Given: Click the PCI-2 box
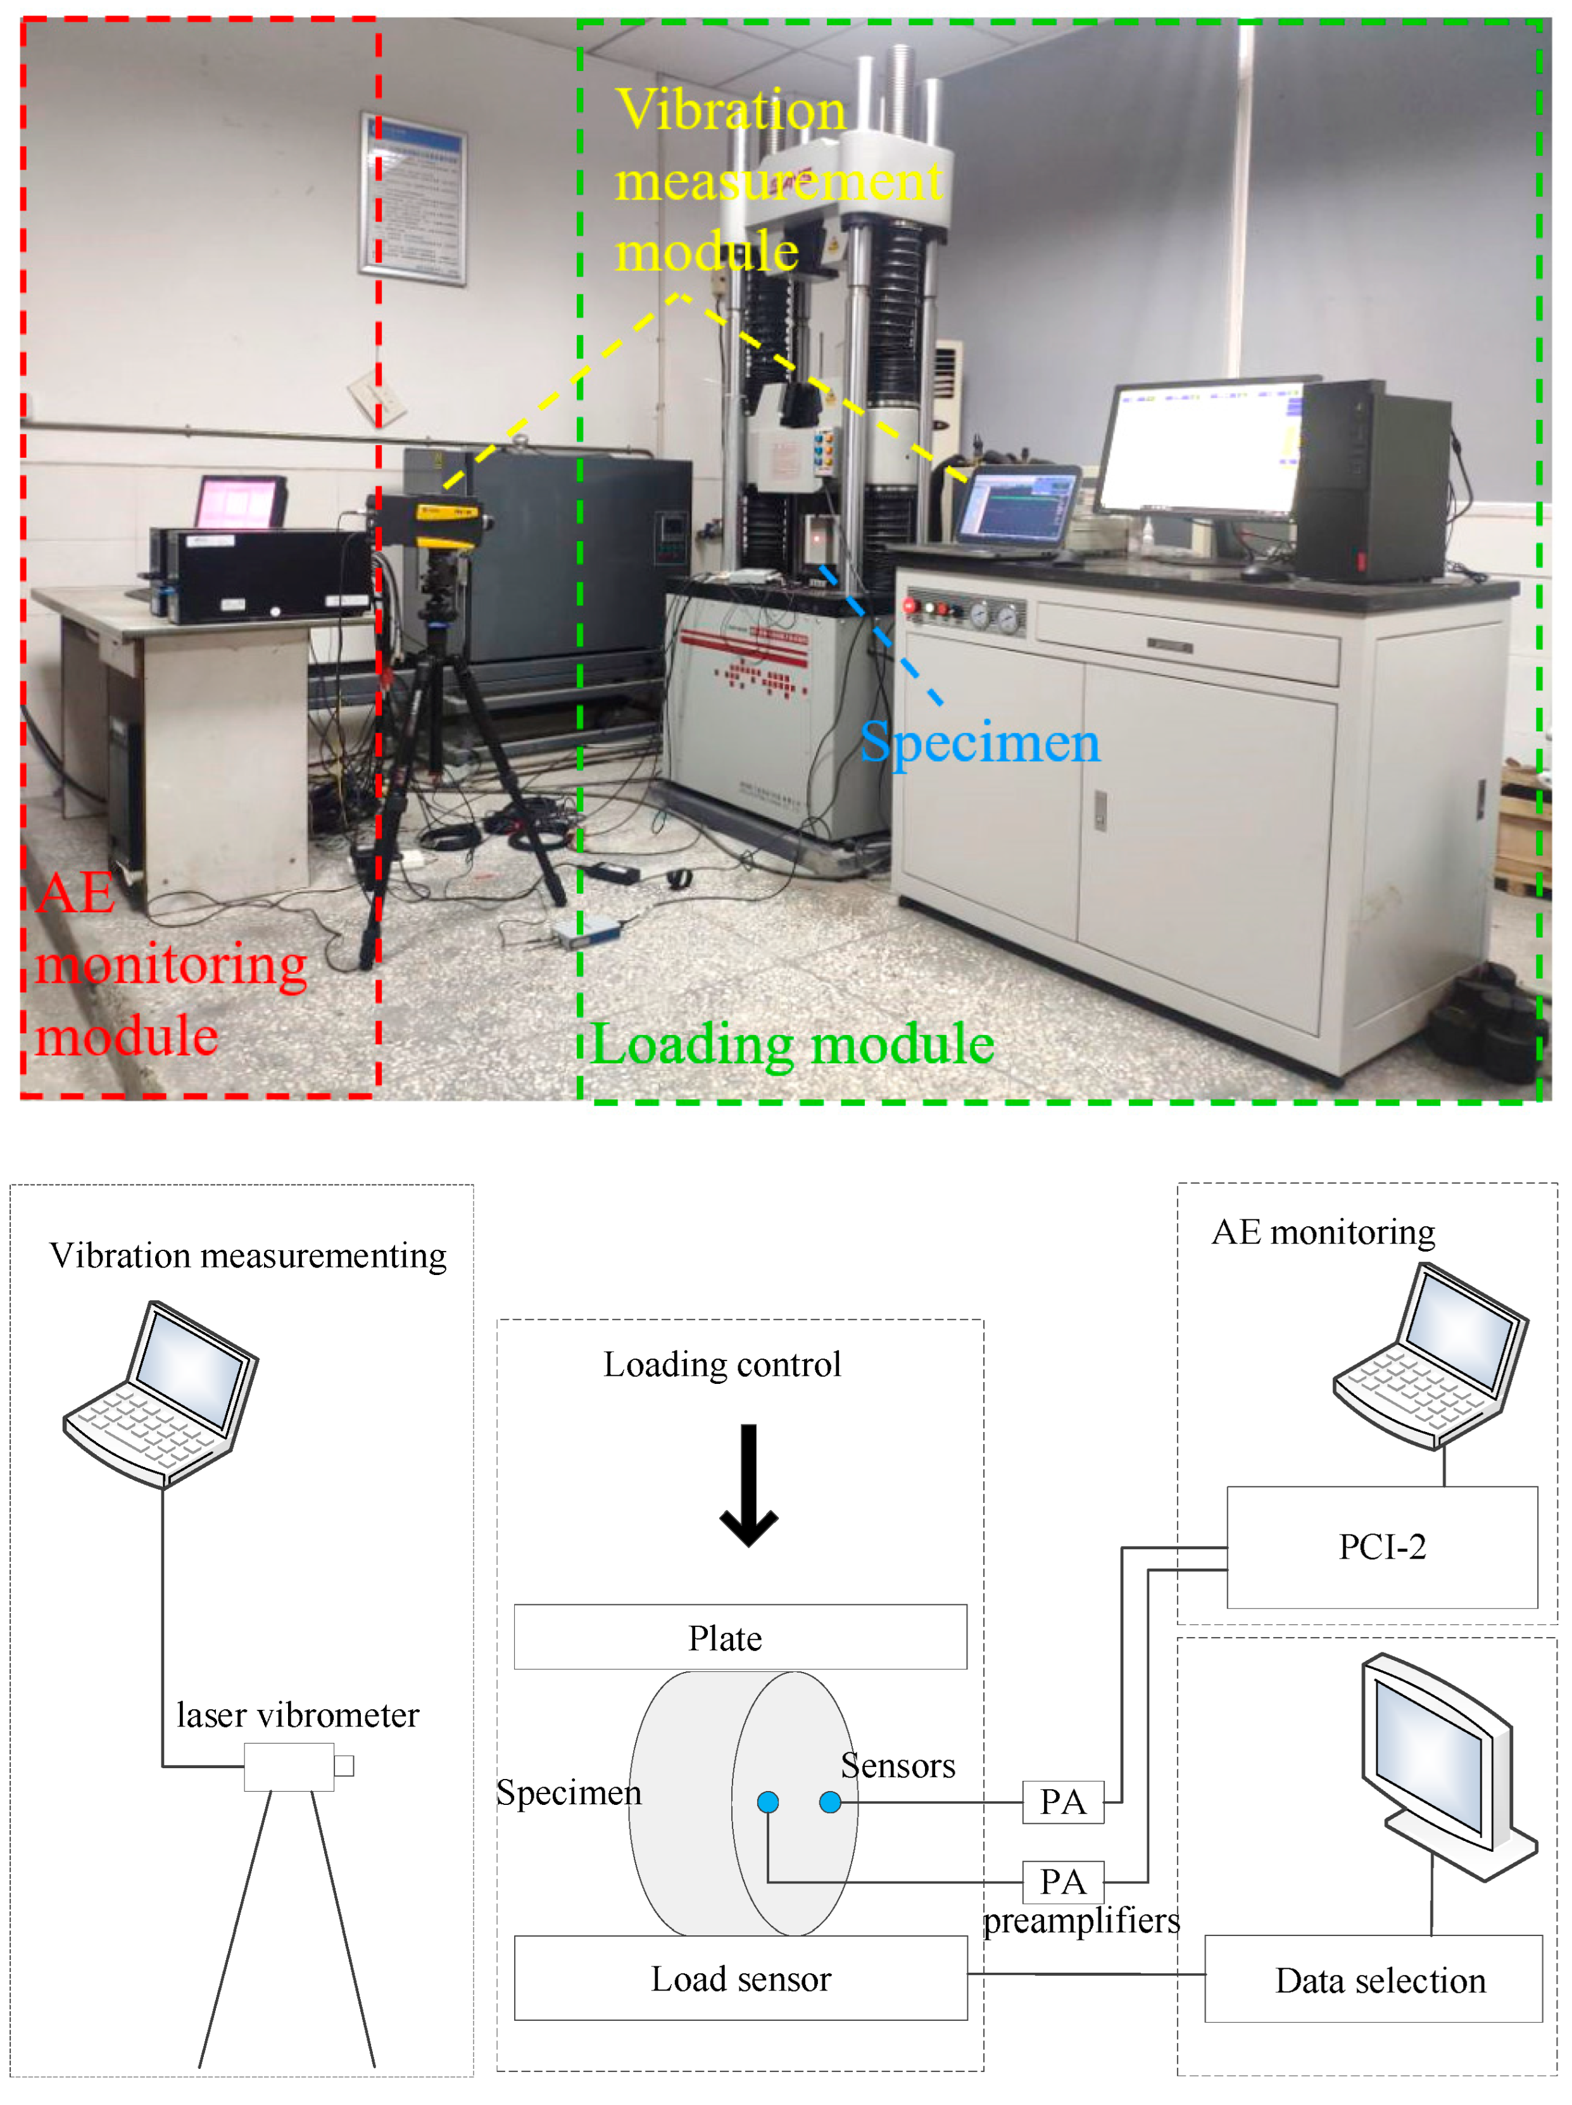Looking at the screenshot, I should (1381, 1547).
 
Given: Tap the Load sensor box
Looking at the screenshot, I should (740, 1978).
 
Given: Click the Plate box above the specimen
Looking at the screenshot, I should (739, 1637).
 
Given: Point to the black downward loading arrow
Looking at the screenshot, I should (749, 1485).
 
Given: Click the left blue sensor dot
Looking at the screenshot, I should (768, 1801).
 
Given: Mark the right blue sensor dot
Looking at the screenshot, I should (830, 1801).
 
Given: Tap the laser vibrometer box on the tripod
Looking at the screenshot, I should (289, 1766).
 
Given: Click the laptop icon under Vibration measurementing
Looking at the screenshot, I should (162, 1394).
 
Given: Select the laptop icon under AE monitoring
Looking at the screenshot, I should (1430, 1356).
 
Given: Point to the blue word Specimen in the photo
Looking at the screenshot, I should (979, 741).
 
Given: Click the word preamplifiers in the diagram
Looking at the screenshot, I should (1081, 1920).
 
